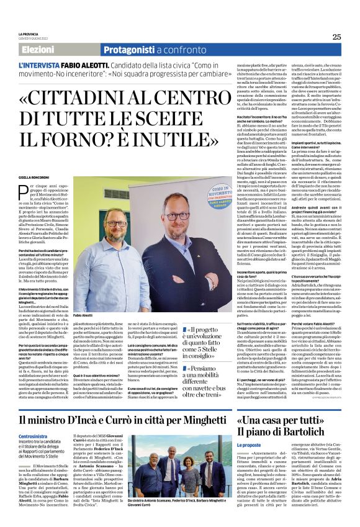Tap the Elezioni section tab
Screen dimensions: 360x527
pos(38,50)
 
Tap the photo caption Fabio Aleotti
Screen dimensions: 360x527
pos(83,315)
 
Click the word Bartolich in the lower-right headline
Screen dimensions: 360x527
pos(298,430)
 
